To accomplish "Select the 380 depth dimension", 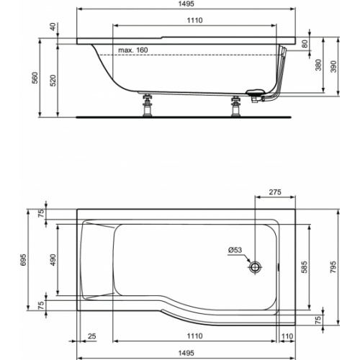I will click(x=318, y=66).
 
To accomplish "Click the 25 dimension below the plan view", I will click(x=93, y=336).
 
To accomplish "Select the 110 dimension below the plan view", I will click(x=287, y=336).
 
